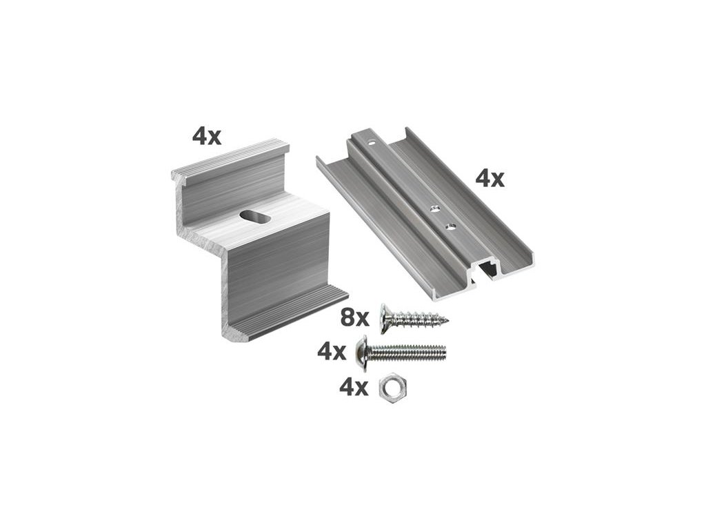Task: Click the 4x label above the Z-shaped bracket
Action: (x=207, y=136)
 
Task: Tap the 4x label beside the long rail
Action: (x=490, y=179)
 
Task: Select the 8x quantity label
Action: (x=354, y=317)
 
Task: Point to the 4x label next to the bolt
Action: (x=332, y=351)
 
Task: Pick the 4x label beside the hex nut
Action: (x=354, y=388)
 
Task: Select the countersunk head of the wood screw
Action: (x=385, y=319)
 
